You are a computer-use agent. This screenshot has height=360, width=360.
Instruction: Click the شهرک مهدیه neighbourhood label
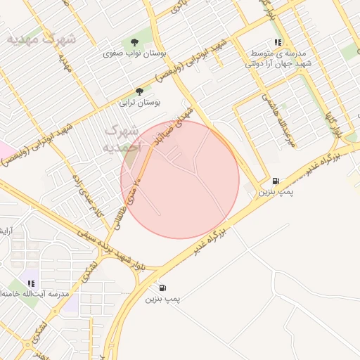(x=41, y=39)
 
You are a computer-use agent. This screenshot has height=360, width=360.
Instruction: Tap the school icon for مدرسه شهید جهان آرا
(x=278, y=42)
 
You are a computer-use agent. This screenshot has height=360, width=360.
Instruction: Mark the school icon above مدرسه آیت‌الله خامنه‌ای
(x=31, y=283)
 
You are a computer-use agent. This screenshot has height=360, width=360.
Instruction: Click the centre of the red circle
(x=180, y=179)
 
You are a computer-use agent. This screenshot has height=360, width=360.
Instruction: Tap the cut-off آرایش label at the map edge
(x=4, y=231)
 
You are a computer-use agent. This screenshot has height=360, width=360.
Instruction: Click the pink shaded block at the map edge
(x=4, y=150)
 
